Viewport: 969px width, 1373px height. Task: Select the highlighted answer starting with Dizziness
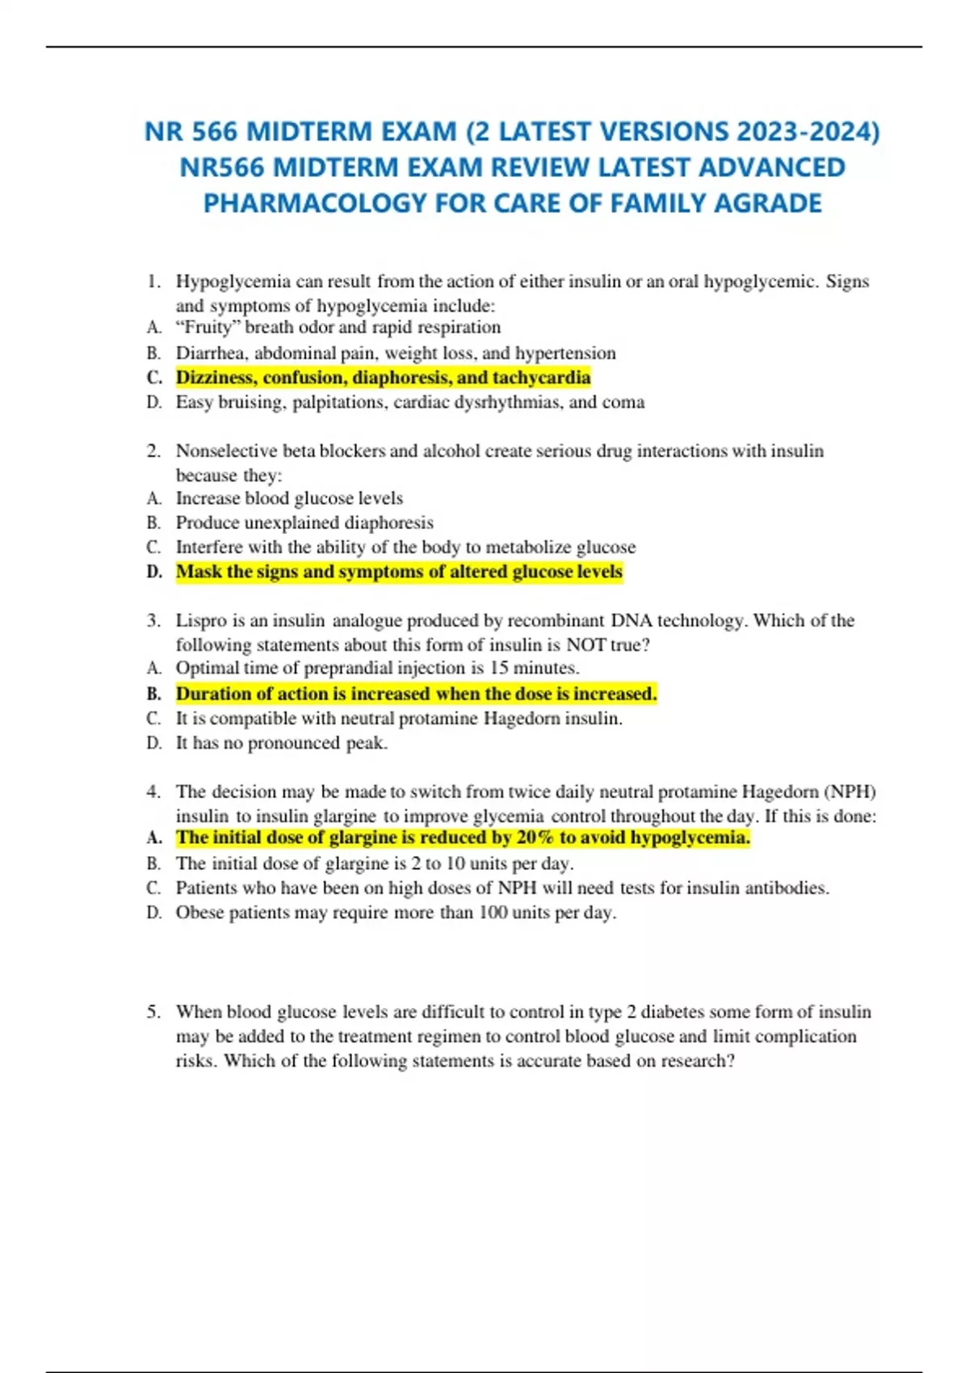coord(383,378)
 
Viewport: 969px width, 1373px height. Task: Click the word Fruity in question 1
coord(208,327)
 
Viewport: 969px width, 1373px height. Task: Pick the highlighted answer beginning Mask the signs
coord(399,572)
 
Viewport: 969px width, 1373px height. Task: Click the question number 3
coord(153,620)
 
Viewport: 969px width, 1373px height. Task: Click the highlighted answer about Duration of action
coord(416,694)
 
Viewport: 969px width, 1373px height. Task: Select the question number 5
coord(153,1012)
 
